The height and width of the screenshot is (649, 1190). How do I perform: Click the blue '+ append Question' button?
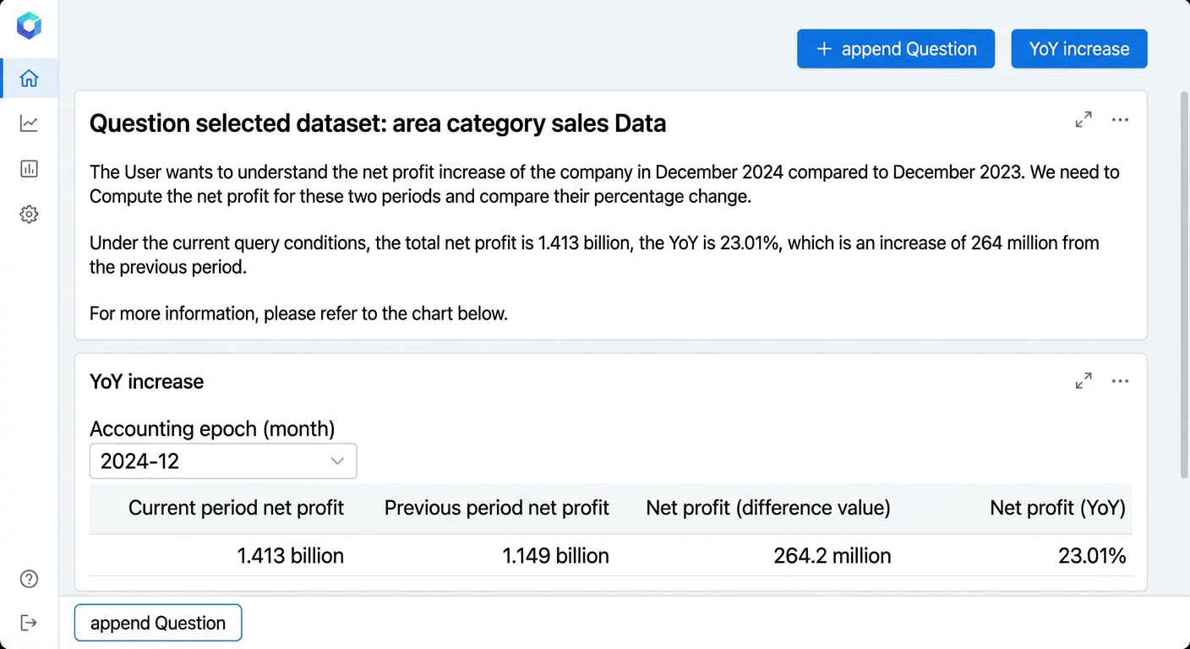click(896, 49)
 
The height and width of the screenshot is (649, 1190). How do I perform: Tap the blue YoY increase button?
click(1079, 49)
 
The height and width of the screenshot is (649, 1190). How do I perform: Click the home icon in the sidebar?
click(29, 78)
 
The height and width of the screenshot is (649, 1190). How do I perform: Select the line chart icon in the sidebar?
click(29, 123)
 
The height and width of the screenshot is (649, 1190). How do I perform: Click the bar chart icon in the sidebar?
click(29, 169)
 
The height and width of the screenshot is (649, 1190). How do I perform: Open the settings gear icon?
click(29, 214)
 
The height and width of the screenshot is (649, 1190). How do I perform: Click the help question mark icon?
click(29, 578)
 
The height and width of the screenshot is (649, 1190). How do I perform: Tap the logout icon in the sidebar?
click(29, 623)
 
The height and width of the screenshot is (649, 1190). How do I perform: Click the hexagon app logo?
click(29, 25)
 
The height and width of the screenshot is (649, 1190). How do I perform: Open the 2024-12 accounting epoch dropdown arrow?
click(337, 461)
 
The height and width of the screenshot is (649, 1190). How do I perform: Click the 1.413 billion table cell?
click(290, 555)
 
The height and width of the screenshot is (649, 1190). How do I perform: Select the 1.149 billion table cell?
click(555, 555)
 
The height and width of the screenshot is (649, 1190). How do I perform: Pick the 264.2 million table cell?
click(832, 555)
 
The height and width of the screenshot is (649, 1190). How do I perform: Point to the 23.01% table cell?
click(1092, 555)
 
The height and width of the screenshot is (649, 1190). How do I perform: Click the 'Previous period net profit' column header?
click(496, 508)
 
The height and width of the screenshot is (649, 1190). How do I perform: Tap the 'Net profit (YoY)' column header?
click(1057, 508)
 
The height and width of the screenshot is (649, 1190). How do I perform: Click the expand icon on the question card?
click(1084, 119)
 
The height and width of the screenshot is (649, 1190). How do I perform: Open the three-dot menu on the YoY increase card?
click(1120, 381)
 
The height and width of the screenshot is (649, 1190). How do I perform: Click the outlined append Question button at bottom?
click(158, 623)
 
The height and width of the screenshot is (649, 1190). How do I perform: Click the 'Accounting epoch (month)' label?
click(212, 428)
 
